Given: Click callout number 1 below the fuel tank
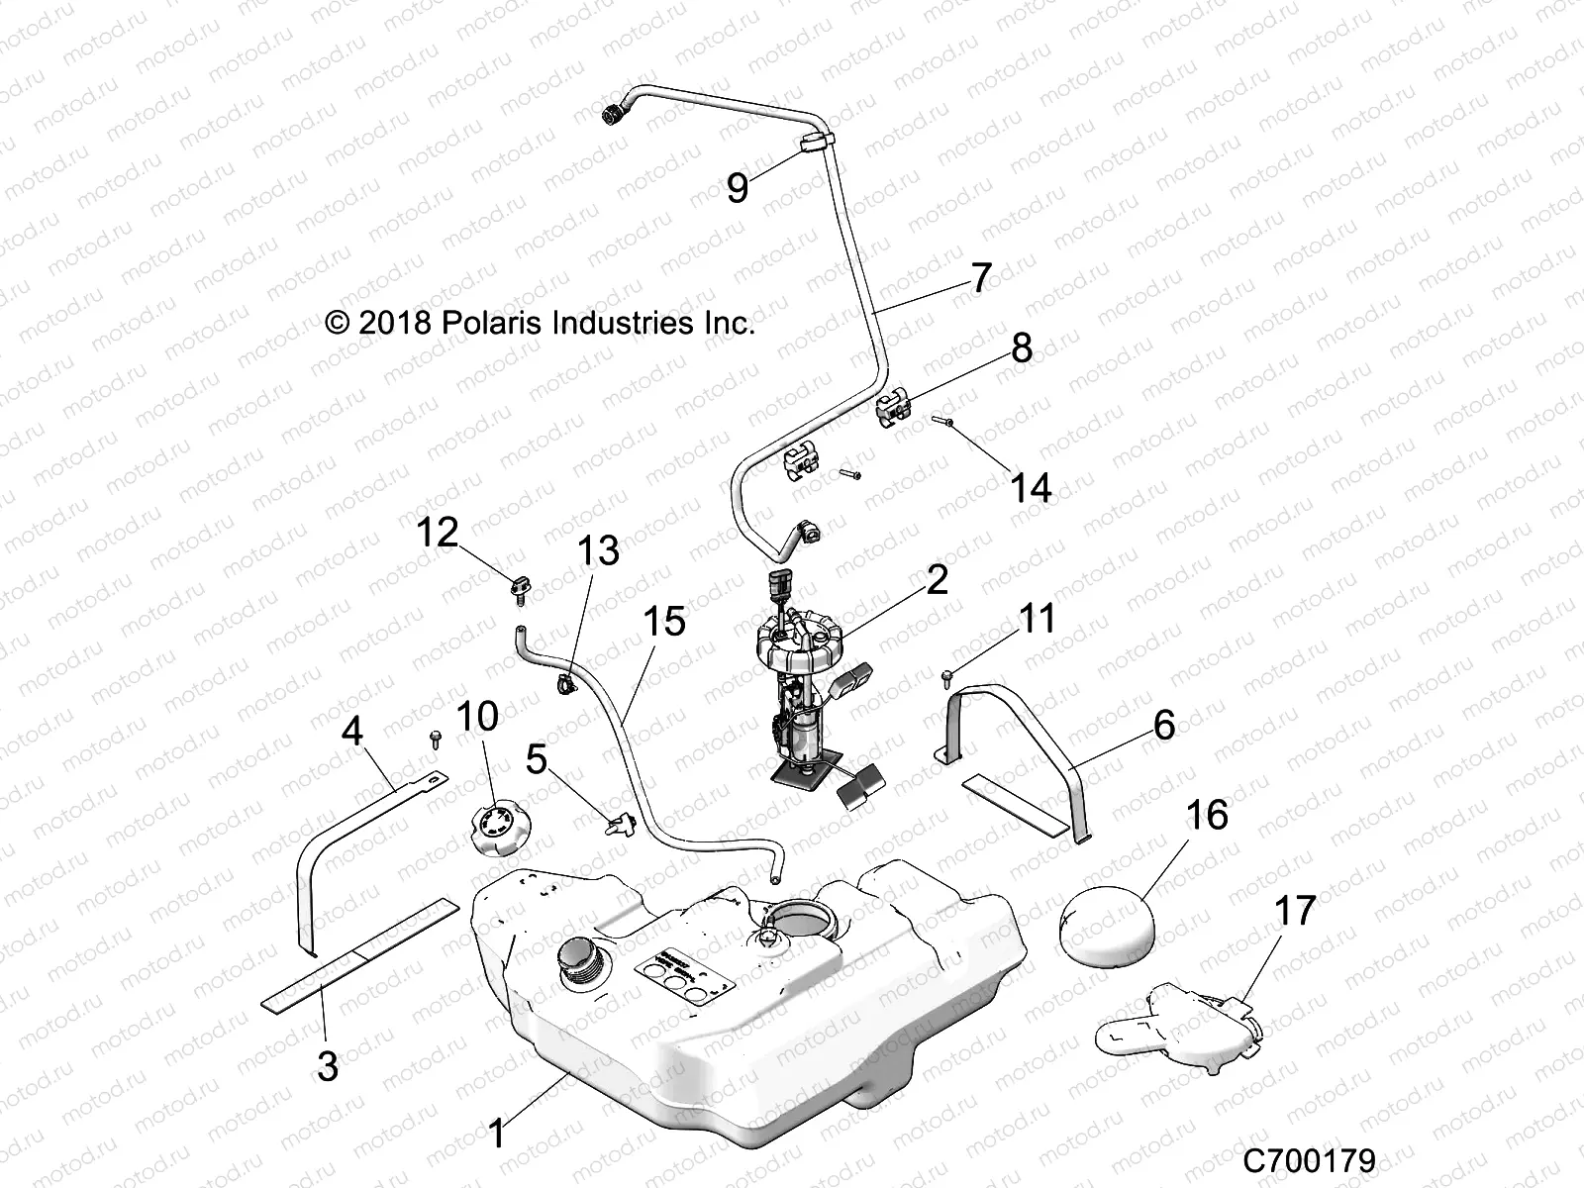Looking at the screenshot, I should [496, 1133].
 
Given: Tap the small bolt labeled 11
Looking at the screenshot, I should [947, 676].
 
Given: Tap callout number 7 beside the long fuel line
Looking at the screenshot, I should [980, 278].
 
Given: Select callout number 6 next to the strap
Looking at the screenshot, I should [1164, 725].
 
